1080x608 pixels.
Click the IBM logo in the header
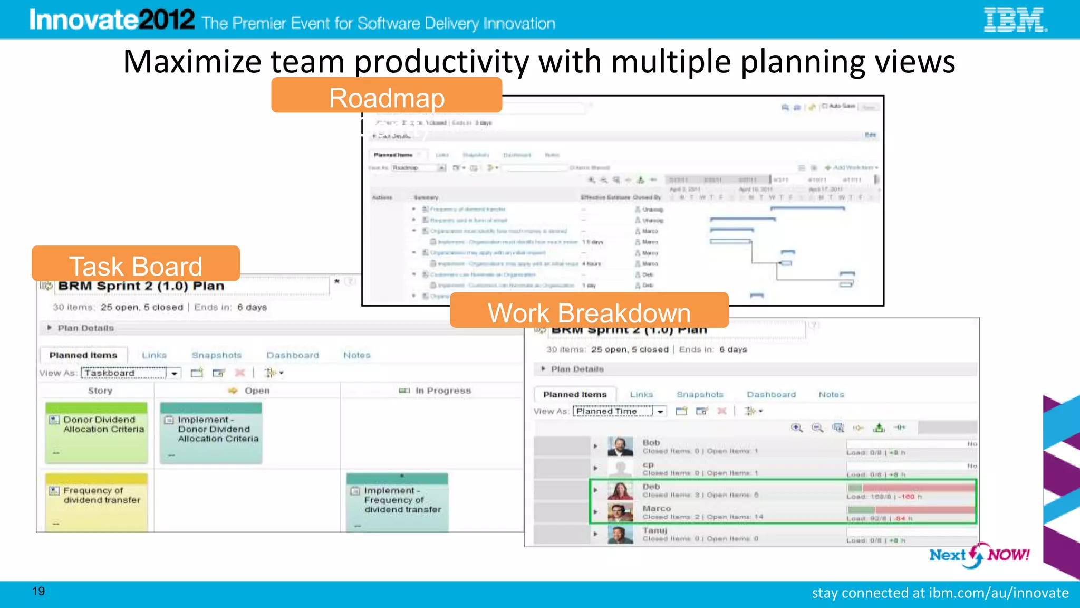click(1015, 20)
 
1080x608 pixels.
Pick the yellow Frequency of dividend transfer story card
click(97, 501)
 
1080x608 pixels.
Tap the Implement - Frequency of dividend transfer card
click(397, 501)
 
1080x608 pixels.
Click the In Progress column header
click(442, 391)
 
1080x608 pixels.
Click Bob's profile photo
click(620, 446)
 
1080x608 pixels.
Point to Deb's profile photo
click(620, 490)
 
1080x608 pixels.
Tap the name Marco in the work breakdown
click(657, 508)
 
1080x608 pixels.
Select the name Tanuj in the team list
click(654, 530)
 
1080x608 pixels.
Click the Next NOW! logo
click(979, 555)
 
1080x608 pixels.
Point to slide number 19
click(38, 591)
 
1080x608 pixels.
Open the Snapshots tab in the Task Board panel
click(216, 355)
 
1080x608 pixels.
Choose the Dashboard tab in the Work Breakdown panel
click(771, 394)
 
